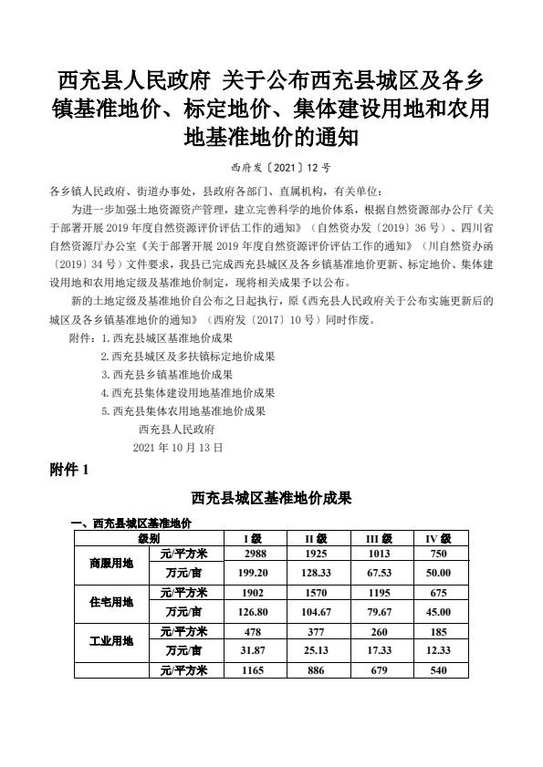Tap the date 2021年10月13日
click(x=177, y=448)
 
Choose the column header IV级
click(x=439, y=539)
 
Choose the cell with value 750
click(x=439, y=554)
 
